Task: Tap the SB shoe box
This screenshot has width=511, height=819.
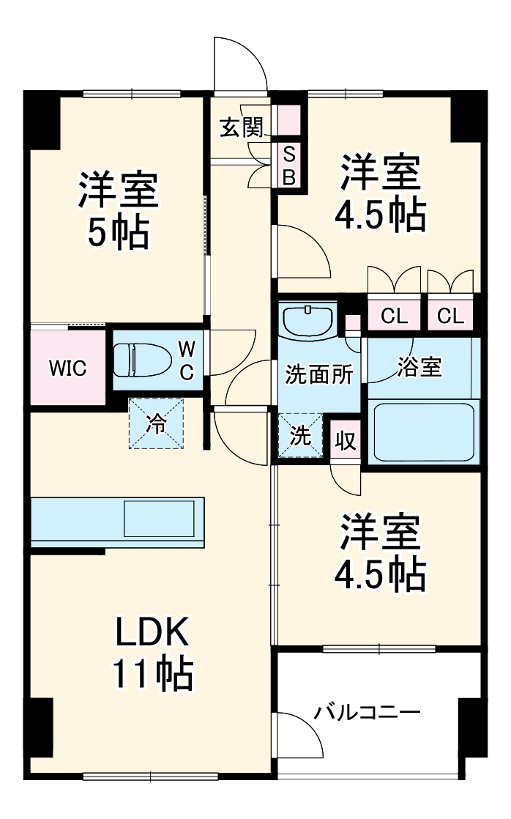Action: tap(289, 165)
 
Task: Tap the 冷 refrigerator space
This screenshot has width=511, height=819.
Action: tap(156, 423)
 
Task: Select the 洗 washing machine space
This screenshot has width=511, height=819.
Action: tap(300, 436)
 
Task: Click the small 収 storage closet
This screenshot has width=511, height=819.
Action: tap(345, 440)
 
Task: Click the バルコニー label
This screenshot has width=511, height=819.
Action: tap(368, 713)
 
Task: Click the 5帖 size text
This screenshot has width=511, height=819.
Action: tap(118, 232)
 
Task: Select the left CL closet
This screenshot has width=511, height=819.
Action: tap(394, 316)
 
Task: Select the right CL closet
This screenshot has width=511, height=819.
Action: tap(451, 316)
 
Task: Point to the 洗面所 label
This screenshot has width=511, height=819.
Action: tap(318, 374)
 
